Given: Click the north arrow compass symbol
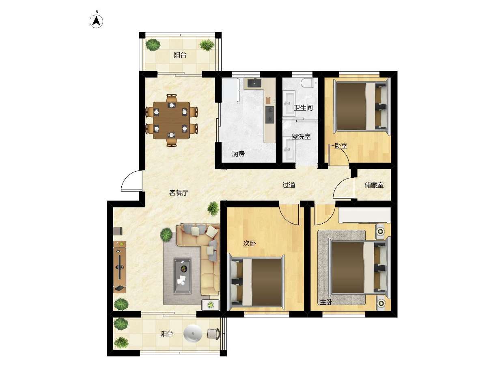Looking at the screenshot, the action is (x=96, y=21).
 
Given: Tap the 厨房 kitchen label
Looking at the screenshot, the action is (x=238, y=154).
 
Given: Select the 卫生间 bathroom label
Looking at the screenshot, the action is (x=303, y=108).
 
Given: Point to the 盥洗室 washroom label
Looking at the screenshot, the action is (x=301, y=137).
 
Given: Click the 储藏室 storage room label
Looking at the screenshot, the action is (x=374, y=185).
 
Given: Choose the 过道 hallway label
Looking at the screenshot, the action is (x=289, y=185).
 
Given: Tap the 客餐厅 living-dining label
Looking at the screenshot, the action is (x=179, y=193).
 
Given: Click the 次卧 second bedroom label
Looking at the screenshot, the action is (x=249, y=244).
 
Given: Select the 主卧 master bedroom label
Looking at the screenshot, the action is (x=326, y=302).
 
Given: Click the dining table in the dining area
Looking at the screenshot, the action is (x=171, y=120).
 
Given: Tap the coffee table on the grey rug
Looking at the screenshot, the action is (x=182, y=276).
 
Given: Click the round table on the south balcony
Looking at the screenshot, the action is (x=193, y=334).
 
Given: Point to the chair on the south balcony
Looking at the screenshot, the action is (x=213, y=334).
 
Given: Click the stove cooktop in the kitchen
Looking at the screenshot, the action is (x=270, y=115).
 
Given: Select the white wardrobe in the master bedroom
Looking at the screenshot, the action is (x=364, y=215).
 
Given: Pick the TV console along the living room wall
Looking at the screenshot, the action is (x=120, y=267).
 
